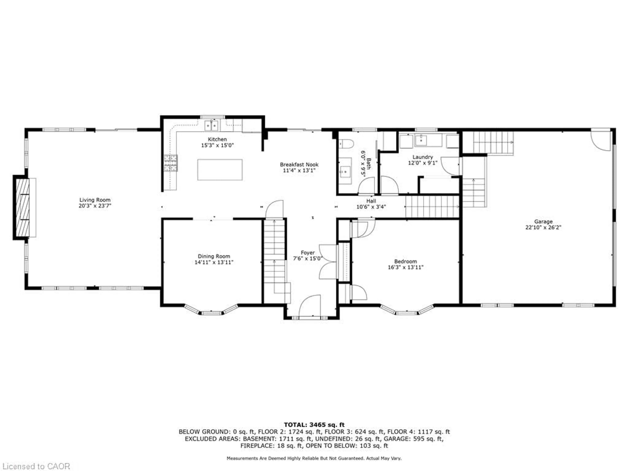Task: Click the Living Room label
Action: (95, 200)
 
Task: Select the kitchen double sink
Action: (211, 125)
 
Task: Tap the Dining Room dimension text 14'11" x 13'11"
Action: (214, 262)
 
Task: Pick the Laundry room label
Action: (422, 157)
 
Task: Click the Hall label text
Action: (371, 201)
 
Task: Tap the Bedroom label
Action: (405, 261)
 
